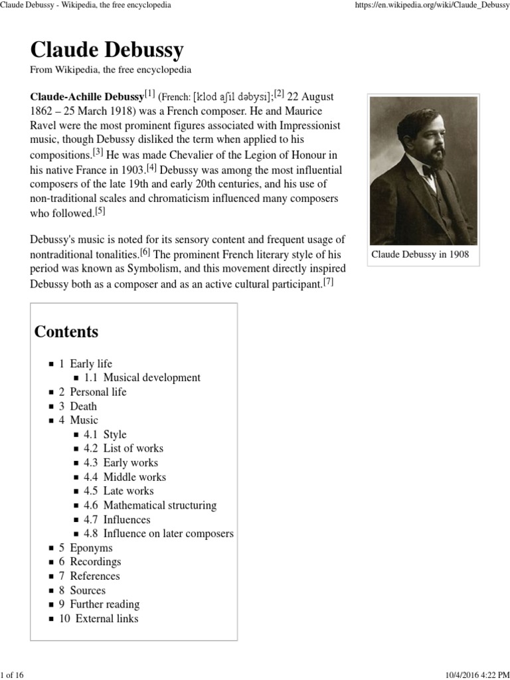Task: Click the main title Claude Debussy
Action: click(x=107, y=50)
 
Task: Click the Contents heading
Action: click(x=66, y=331)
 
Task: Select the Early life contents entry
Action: click(x=91, y=363)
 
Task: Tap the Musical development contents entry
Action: click(x=151, y=377)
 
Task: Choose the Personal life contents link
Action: click(x=98, y=392)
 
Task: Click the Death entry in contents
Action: click(x=83, y=406)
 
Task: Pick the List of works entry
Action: click(x=133, y=448)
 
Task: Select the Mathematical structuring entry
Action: click(x=159, y=505)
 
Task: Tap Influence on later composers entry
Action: click(x=168, y=533)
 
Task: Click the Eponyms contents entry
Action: click(x=91, y=548)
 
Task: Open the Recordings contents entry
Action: click(x=96, y=562)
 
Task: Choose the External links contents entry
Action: click(x=107, y=618)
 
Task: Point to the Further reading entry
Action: click(x=104, y=604)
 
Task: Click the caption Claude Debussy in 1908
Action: click(x=420, y=254)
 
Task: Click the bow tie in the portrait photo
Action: click(x=429, y=171)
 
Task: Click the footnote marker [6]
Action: click(x=145, y=252)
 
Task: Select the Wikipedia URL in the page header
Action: click(x=425, y=5)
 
